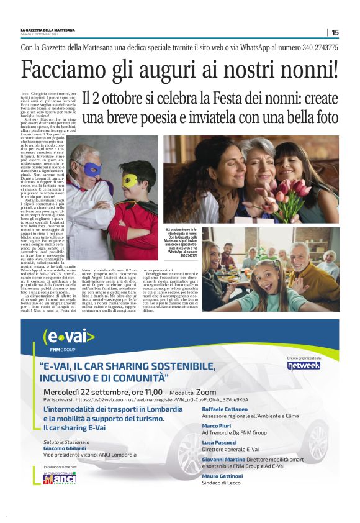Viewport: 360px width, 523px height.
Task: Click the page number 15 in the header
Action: tap(335, 32)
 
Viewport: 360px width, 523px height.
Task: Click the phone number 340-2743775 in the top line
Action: tap(317, 47)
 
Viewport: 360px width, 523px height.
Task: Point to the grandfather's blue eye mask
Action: tap(93, 168)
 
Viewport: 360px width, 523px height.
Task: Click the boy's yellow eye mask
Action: tap(130, 180)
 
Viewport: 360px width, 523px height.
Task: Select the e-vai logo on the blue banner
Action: tap(68, 339)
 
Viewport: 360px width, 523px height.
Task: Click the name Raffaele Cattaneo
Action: tap(225, 410)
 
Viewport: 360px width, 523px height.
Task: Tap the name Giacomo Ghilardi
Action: tap(65, 448)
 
